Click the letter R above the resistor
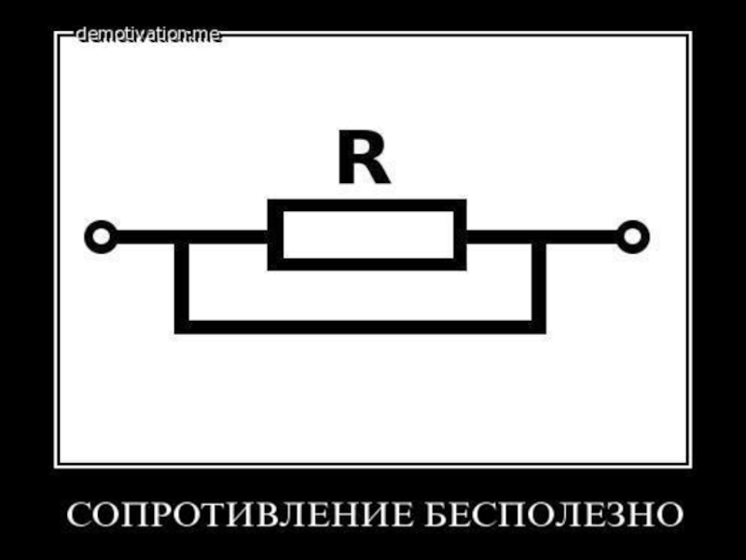coord(363,161)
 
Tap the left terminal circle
coord(101,236)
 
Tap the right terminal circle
coord(633,236)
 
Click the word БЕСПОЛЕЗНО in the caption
coord(554,514)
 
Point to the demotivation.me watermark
coord(149,35)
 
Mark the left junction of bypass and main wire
coord(182,237)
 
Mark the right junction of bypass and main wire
coord(539,237)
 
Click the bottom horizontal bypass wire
coord(360,326)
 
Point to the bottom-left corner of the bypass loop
coord(182,326)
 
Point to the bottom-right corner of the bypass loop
coord(539,326)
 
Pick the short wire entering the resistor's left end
coord(228,237)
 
